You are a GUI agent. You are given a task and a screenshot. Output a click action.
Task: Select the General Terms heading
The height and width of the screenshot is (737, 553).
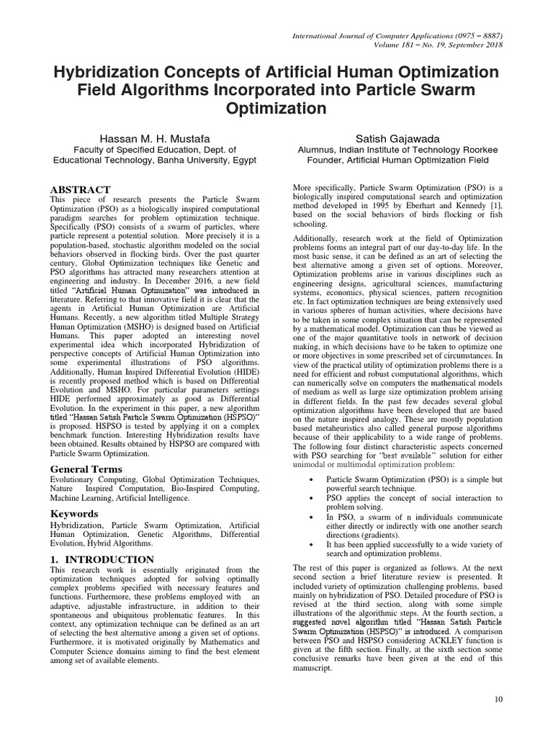(86, 469)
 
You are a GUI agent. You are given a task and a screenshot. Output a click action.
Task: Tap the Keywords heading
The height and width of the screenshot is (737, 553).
(75, 514)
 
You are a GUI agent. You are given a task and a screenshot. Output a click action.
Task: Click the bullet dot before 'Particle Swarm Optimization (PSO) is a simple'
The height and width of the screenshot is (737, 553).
(310, 479)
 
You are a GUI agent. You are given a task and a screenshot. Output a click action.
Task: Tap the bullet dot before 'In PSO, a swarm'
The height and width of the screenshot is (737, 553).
(310, 517)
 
